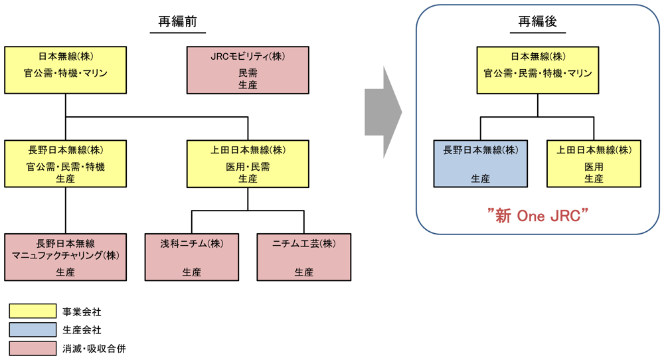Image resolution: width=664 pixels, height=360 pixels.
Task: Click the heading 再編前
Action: (x=177, y=22)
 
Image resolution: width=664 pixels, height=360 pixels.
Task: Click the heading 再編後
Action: (x=538, y=22)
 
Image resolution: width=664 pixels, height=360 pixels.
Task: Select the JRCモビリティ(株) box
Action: (x=248, y=70)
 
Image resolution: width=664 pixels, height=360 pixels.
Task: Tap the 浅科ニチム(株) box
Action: (x=192, y=257)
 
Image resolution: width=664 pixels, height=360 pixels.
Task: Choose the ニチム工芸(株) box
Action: (x=304, y=257)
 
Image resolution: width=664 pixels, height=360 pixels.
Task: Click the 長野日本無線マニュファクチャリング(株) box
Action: (x=65, y=257)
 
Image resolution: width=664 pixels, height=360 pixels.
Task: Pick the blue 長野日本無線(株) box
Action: (x=481, y=163)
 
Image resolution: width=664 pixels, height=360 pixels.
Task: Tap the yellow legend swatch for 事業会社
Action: (x=33, y=311)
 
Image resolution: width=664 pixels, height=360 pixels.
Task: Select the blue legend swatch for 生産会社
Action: (x=33, y=329)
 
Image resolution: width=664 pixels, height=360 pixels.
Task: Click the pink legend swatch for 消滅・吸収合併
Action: (x=33, y=348)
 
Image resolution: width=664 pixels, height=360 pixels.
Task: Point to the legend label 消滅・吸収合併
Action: (x=94, y=348)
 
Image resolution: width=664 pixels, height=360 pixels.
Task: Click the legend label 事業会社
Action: (x=82, y=311)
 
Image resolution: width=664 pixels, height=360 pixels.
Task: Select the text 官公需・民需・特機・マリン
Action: (x=538, y=73)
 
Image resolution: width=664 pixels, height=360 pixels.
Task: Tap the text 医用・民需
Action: (x=248, y=167)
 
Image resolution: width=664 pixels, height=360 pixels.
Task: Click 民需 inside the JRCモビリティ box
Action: (x=248, y=73)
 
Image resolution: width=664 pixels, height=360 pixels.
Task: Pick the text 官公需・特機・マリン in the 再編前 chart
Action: (x=65, y=73)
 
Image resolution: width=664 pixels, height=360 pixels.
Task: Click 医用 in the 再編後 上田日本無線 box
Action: (x=594, y=167)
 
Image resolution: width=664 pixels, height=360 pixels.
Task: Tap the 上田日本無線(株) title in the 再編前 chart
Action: (x=248, y=150)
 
